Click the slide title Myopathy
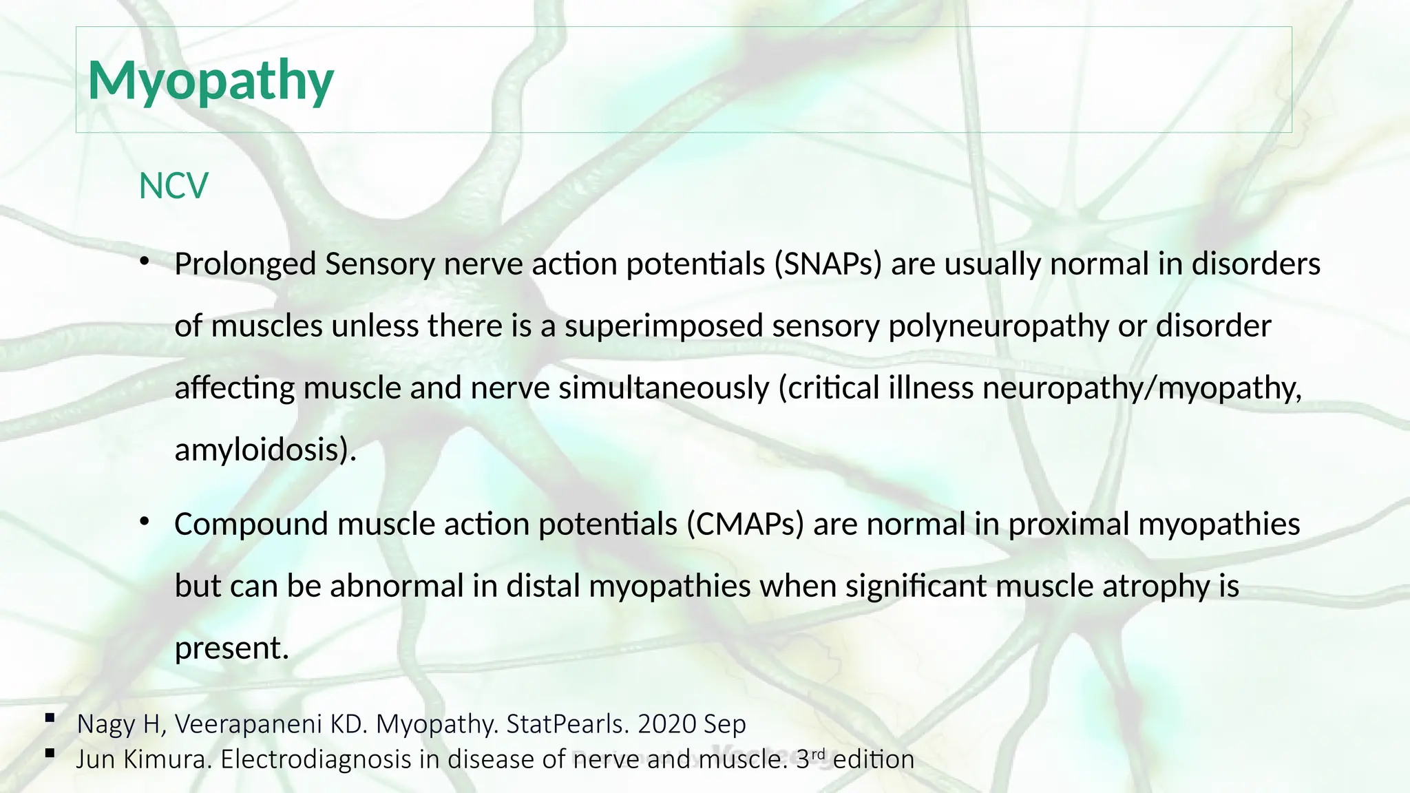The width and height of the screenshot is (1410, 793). [211, 81]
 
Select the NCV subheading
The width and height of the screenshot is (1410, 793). [173, 186]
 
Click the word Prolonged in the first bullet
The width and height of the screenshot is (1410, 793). [245, 264]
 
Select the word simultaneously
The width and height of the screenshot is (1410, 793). [664, 388]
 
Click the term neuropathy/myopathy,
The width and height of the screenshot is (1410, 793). [1141, 388]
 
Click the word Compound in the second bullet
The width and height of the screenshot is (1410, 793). [251, 525]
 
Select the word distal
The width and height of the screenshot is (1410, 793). [543, 586]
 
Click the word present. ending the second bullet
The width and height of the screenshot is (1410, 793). [231, 648]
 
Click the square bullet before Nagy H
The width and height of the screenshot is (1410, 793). [50, 718]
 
